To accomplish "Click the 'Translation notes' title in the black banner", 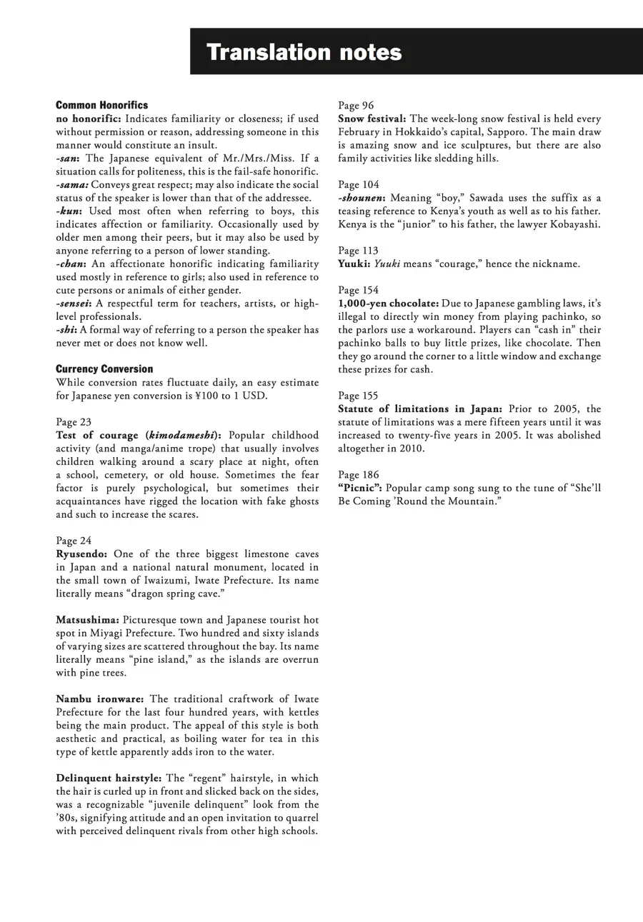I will tap(304, 52).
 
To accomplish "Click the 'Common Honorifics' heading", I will tap(102, 105).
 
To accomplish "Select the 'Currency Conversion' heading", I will tap(104, 369).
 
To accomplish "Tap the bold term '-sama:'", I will tap(72, 184).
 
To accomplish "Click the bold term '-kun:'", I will tap(69, 211).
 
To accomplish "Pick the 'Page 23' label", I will tap(74, 422).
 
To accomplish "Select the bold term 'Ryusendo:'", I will tap(82, 553).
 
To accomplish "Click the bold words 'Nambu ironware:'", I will tap(100, 699).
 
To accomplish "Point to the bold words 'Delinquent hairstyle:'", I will tap(109, 778).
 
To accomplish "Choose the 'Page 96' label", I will tap(356, 106).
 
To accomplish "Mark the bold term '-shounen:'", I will tap(362, 198).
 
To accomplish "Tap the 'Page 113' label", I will tap(359, 251).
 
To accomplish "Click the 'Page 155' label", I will tap(359, 396).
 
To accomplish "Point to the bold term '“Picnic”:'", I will tap(362, 488).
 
